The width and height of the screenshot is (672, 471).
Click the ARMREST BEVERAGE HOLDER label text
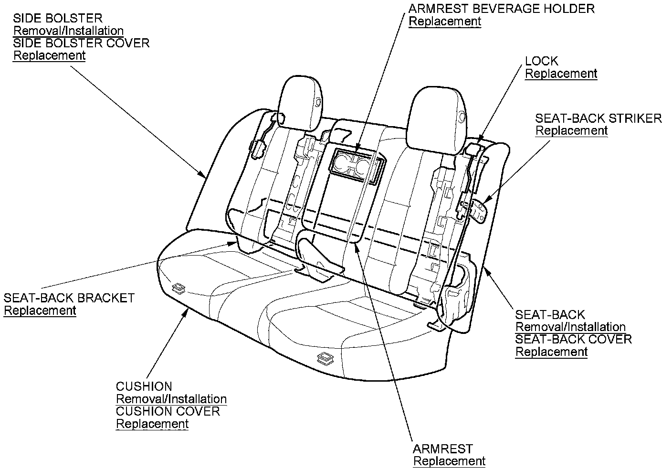click(x=502, y=9)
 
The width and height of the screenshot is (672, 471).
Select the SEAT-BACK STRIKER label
click(x=598, y=118)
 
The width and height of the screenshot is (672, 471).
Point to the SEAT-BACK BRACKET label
click(x=69, y=298)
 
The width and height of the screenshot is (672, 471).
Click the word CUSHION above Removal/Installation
click(x=144, y=386)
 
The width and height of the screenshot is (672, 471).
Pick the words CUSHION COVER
click(x=168, y=411)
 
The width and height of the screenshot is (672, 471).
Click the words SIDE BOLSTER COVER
click(x=81, y=43)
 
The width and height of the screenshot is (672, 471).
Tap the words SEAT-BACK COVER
click(x=573, y=339)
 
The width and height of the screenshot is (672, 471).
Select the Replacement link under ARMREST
click(x=449, y=461)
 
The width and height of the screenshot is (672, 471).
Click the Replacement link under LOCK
click(x=561, y=74)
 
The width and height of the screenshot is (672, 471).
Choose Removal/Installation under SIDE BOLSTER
click(x=68, y=31)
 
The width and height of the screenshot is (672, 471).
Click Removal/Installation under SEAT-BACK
click(x=570, y=327)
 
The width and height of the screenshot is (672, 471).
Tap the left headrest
click(x=301, y=102)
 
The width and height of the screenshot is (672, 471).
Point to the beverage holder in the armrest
click(x=355, y=165)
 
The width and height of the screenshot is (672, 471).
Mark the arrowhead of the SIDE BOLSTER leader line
click(x=205, y=176)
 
